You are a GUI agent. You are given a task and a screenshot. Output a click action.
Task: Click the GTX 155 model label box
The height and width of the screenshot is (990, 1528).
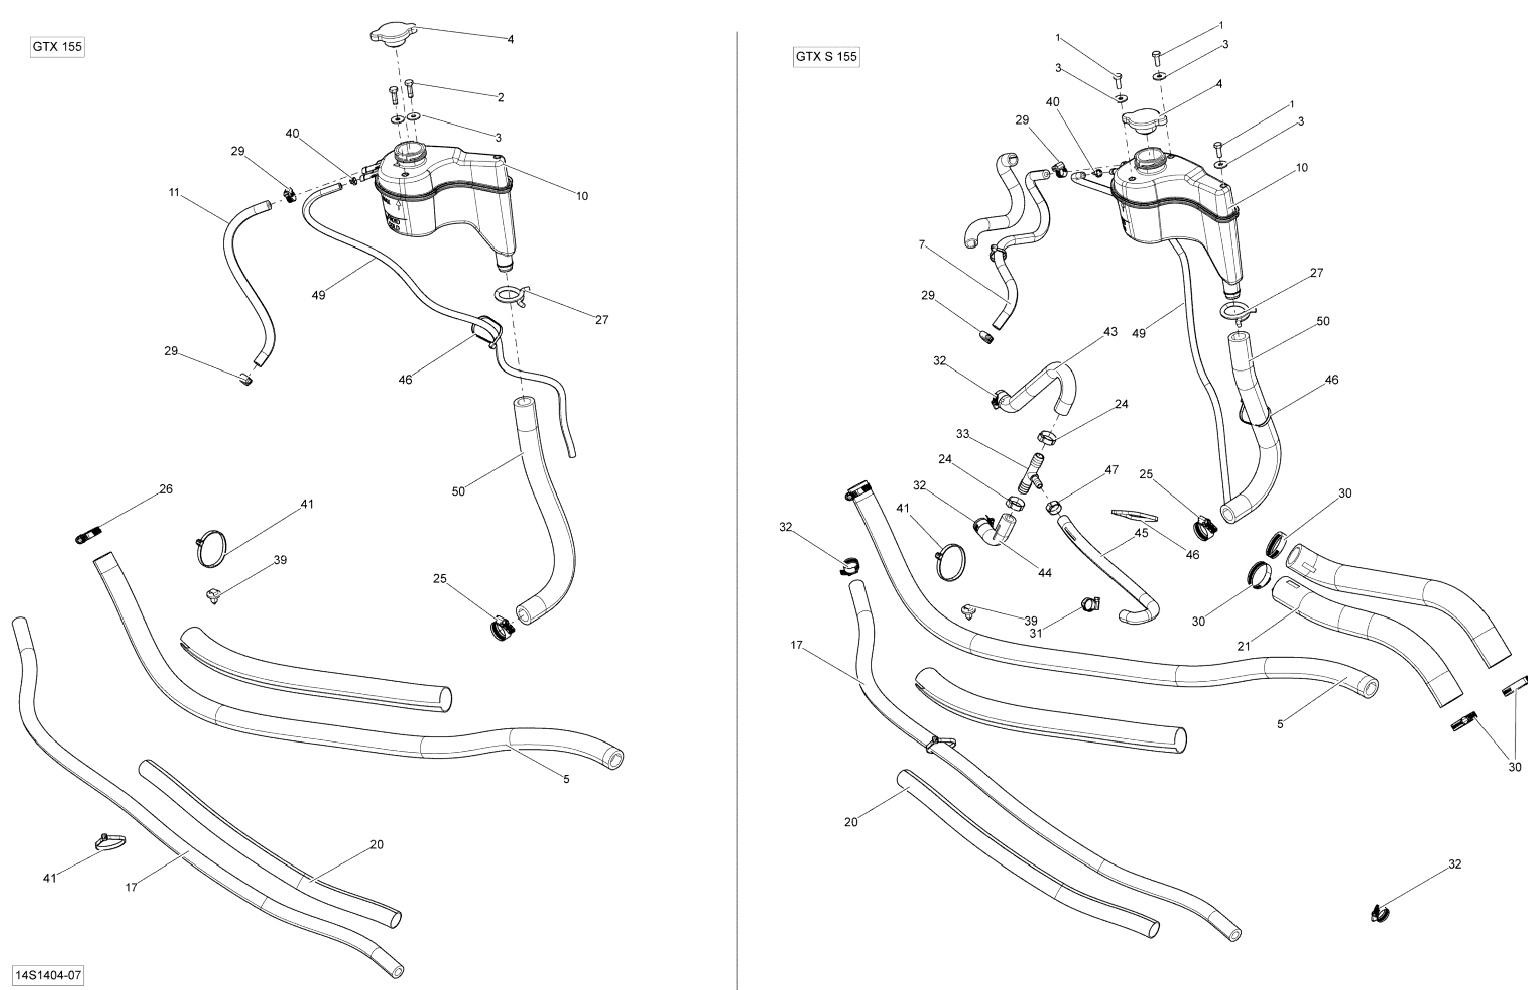pyautogui.click(x=57, y=47)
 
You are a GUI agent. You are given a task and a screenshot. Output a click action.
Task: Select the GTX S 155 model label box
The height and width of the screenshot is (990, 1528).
pyautogui.click(x=826, y=57)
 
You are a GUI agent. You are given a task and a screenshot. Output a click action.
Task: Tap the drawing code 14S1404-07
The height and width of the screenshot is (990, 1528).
pyautogui.click(x=48, y=975)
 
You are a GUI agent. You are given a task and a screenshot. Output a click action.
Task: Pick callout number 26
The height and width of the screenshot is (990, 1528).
pyautogui.click(x=166, y=489)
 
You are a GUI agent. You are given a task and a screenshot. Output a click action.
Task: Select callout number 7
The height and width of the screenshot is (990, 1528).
pyautogui.click(x=922, y=245)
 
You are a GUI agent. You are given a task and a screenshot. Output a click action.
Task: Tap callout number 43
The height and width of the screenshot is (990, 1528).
pyautogui.click(x=1110, y=332)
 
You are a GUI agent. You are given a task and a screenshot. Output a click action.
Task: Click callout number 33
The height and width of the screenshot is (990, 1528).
pyautogui.click(x=962, y=434)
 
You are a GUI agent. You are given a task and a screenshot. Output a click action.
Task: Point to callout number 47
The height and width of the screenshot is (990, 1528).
pyautogui.click(x=1111, y=470)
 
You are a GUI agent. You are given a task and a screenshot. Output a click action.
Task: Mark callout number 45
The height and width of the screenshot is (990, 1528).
pyautogui.click(x=1141, y=534)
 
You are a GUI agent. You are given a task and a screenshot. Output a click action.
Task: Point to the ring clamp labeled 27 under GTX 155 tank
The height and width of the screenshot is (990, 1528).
pyautogui.click(x=511, y=295)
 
